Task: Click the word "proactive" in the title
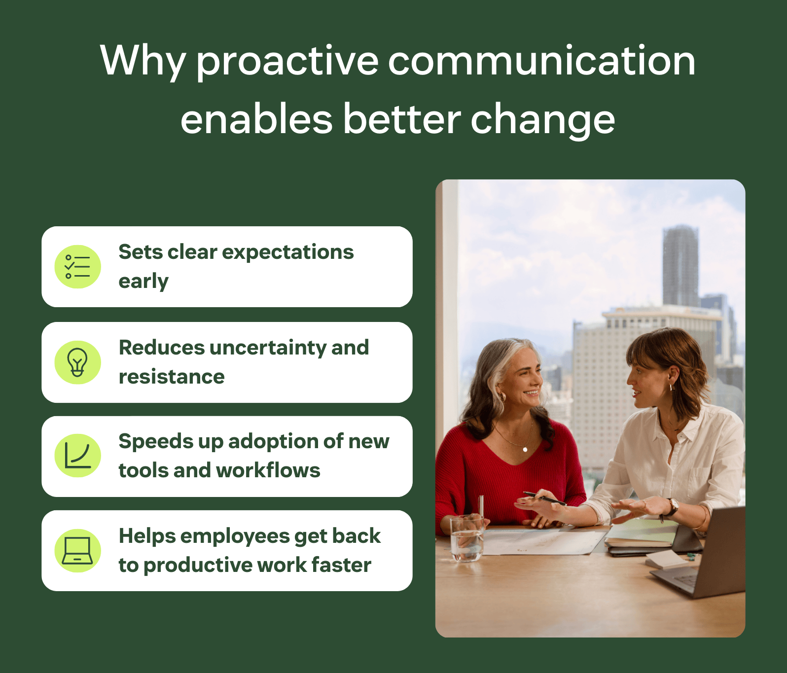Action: click(x=287, y=62)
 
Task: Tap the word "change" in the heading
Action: click(x=543, y=120)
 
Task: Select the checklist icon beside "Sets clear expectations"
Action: click(x=77, y=267)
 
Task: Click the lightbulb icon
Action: click(x=77, y=362)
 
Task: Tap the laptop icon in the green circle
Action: click(x=77, y=551)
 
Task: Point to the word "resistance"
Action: click(x=172, y=377)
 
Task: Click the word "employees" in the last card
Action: click(x=235, y=537)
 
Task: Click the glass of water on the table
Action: click(x=466, y=538)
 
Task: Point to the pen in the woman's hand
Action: click(x=544, y=498)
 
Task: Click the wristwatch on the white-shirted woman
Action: click(x=672, y=507)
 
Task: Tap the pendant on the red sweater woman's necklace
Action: click(x=525, y=449)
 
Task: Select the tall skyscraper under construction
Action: click(x=680, y=266)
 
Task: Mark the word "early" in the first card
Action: click(x=143, y=282)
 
